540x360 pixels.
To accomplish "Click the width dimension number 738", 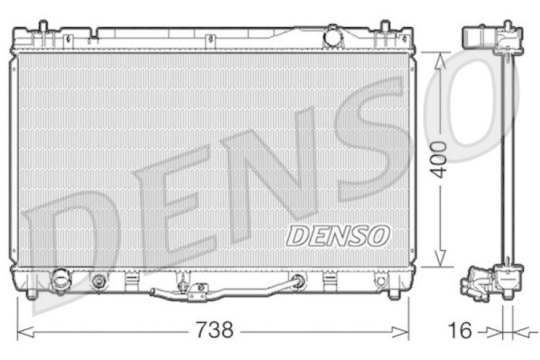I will coord(214,330).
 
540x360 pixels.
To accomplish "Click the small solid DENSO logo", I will coord(338,235).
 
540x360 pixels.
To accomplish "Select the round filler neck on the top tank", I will coord(332,36).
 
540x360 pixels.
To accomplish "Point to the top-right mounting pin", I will coord(385,28).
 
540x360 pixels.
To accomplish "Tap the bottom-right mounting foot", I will coord(394,294).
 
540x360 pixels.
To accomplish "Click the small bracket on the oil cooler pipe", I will coord(197,291).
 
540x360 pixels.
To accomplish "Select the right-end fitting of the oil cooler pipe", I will coord(296,281).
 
